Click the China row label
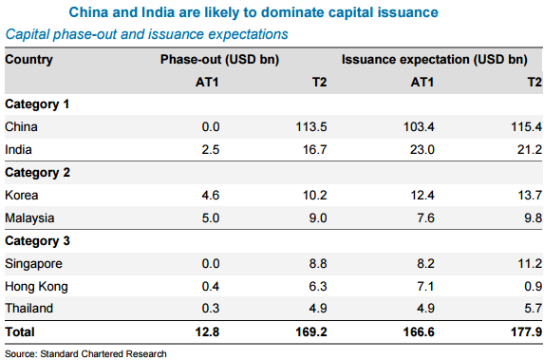(x=21, y=126)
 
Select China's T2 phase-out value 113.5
(x=311, y=126)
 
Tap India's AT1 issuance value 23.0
(x=422, y=150)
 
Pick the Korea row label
(x=22, y=195)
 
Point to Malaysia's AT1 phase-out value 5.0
(x=211, y=218)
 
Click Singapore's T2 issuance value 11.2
(x=530, y=263)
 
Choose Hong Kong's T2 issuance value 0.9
(x=534, y=287)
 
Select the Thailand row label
(x=29, y=309)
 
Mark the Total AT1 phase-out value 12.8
(x=207, y=332)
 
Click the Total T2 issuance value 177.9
(x=526, y=332)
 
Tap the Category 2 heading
(x=37, y=172)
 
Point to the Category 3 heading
(x=37, y=240)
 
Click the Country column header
(x=28, y=59)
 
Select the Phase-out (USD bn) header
(x=219, y=59)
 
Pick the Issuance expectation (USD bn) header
(x=435, y=59)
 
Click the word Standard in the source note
(x=59, y=353)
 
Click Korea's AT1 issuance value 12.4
(x=422, y=195)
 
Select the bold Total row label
(x=20, y=332)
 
